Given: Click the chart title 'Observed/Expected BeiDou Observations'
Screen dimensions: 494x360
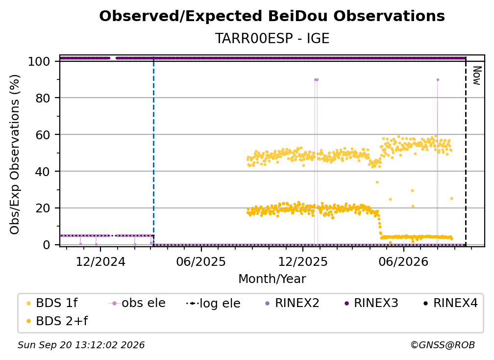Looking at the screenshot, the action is coord(272,16).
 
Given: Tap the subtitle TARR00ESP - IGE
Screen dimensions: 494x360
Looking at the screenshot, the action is coord(272,39).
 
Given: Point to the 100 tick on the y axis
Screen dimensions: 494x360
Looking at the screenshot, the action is coord(39,61).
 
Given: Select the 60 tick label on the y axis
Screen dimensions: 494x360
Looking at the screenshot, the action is coord(43,134).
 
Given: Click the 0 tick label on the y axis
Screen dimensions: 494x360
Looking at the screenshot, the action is coord(47,245).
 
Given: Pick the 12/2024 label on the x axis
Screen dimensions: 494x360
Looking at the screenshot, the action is coord(100,261).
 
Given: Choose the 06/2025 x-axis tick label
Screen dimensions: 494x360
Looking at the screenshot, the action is coord(201,261).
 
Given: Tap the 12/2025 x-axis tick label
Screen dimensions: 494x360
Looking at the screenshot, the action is coord(303,261).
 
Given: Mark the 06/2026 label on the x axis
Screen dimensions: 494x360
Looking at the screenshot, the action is coord(404,261).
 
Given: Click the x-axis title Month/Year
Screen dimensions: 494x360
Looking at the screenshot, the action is coord(272,279).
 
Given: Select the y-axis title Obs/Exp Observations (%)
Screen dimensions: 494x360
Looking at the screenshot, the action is coord(15,154).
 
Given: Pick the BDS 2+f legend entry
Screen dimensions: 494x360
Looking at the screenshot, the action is coord(57,321).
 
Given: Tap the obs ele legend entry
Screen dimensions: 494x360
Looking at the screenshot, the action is coord(137,303).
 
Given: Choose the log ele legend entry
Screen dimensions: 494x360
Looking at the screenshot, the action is coord(213,303).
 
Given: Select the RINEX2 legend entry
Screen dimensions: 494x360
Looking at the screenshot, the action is coord(293,303).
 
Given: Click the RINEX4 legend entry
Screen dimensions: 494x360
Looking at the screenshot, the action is coord(450,303).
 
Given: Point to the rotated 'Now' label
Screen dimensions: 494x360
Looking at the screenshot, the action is coord(477,76).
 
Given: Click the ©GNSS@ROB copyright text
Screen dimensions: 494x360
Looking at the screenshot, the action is coord(443,345).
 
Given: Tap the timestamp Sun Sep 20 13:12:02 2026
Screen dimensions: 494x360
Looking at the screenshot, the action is coord(81,345).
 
